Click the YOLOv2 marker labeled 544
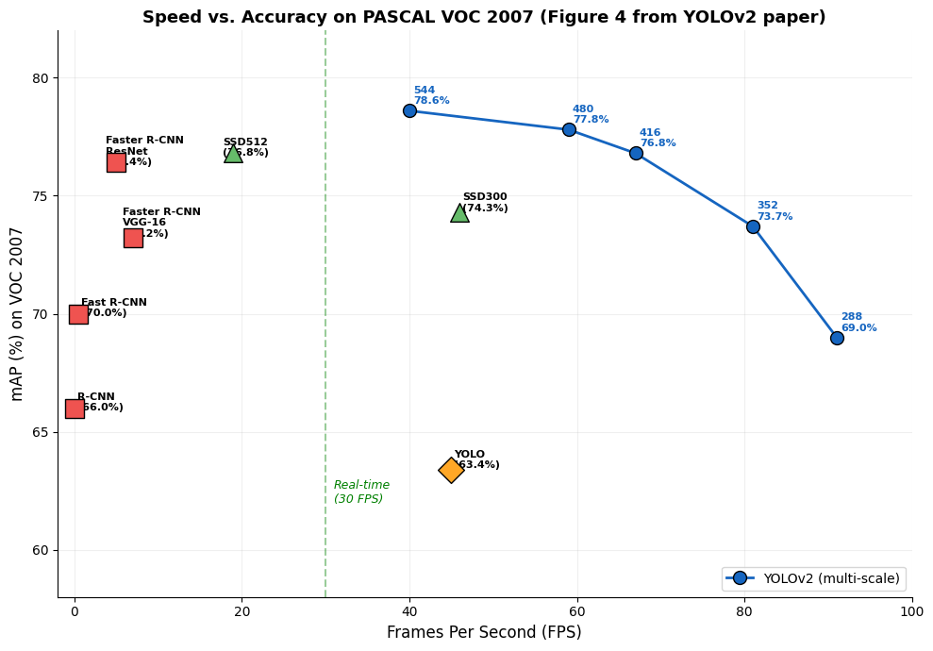pyautogui.click(x=409, y=110)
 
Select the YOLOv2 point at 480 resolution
pyautogui.click(x=569, y=129)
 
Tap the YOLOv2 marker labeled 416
pyautogui.click(x=636, y=153)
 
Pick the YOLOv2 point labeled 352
pyautogui.click(x=753, y=226)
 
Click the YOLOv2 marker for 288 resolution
pyautogui.click(x=837, y=338)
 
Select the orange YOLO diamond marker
pyautogui.click(x=451, y=470)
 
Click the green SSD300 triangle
pyautogui.click(x=459, y=213)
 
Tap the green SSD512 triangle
pyautogui.click(x=233, y=154)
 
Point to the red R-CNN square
pyautogui.click(x=75, y=409)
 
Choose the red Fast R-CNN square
pyautogui.click(x=78, y=314)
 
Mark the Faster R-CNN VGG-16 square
pyautogui.click(x=133, y=238)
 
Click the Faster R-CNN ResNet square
pyautogui.click(x=116, y=162)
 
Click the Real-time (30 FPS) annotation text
pyautogui.click(x=361, y=492)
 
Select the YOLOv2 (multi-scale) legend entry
pyautogui.click(x=813, y=578)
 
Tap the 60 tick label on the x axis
pyautogui.click(x=577, y=611)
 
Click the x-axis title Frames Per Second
pyautogui.click(x=484, y=632)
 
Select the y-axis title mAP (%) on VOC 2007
pyautogui.click(x=17, y=313)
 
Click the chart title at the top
pyautogui.click(x=484, y=17)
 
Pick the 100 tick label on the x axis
pyautogui.click(x=911, y=611)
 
